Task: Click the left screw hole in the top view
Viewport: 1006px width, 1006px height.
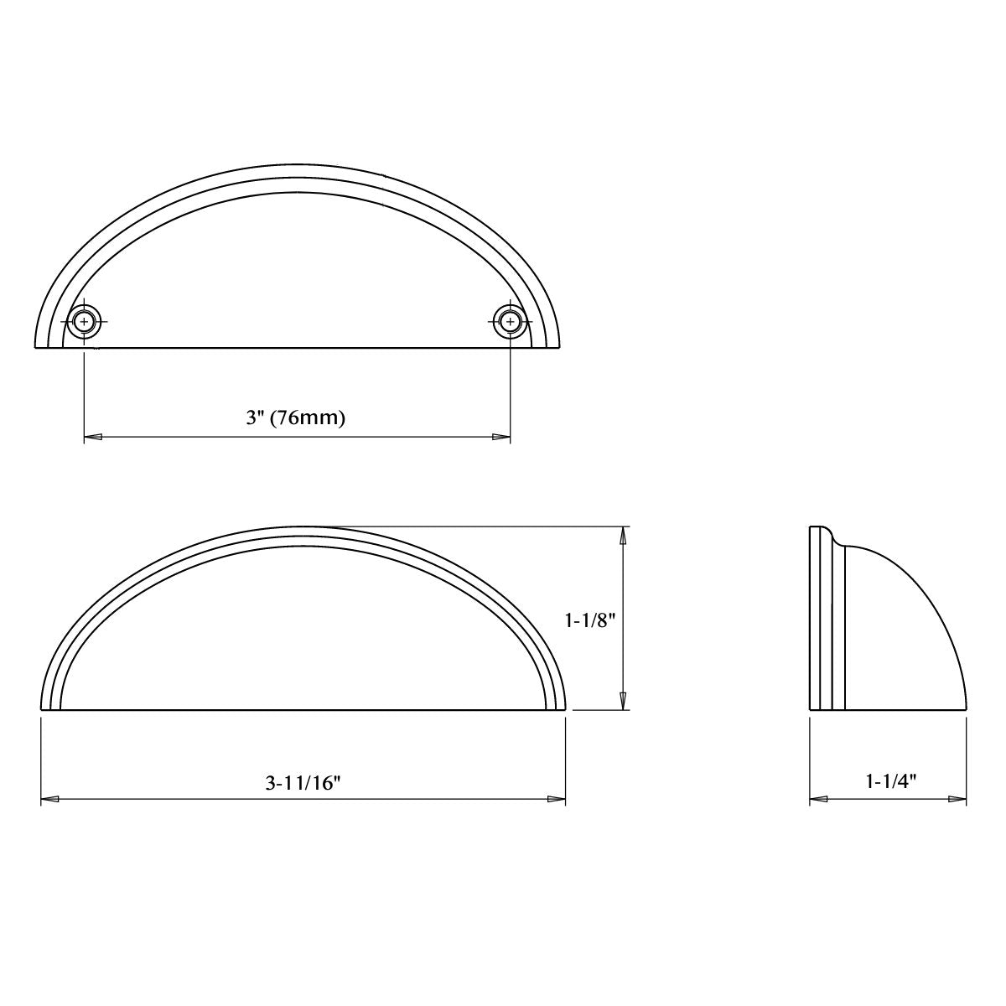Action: click(x=84, y=320)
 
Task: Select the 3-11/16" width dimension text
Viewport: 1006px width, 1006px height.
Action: click(x=303, y=783)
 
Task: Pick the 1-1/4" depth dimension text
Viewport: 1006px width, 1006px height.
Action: click(x=890, y=781)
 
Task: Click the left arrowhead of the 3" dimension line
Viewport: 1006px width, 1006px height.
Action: click(x=93, y=437)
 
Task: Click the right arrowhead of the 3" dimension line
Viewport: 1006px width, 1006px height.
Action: click(x=500, y=437)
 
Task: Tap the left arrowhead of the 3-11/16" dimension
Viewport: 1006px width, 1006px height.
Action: click(x=50, y=800)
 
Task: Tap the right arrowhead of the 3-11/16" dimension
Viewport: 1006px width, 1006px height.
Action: click(x=557, y=800)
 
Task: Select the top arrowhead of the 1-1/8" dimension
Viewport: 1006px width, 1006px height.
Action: click(x=623, y=536)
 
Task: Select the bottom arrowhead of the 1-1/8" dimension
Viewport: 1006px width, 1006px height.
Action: click(x=623, y=701)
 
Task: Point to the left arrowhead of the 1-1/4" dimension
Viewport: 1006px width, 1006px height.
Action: click(x=818, y=800)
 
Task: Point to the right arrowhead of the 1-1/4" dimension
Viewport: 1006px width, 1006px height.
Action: click(x=957, y=800)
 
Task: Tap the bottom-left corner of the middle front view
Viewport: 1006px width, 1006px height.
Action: click(x=41, y=709)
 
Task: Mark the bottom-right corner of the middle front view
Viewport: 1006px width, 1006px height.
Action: click(x=566, y=709)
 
